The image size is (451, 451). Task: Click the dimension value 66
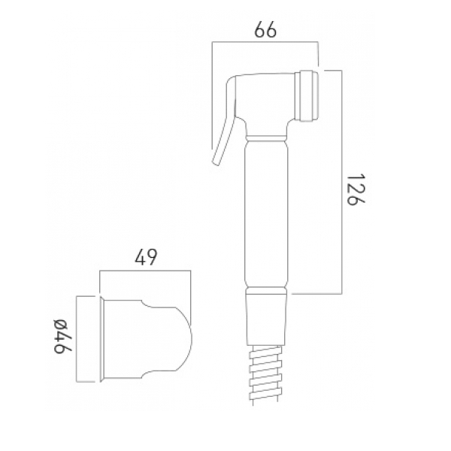265,29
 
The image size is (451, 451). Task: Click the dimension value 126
356,189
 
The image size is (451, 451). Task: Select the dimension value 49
146,257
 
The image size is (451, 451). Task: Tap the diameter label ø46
62,336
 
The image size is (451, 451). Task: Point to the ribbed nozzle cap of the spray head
307,95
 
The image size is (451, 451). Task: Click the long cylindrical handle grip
267,213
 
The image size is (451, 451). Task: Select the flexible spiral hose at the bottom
265,375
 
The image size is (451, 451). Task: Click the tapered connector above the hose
266,320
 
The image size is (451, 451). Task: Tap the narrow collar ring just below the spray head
267,138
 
